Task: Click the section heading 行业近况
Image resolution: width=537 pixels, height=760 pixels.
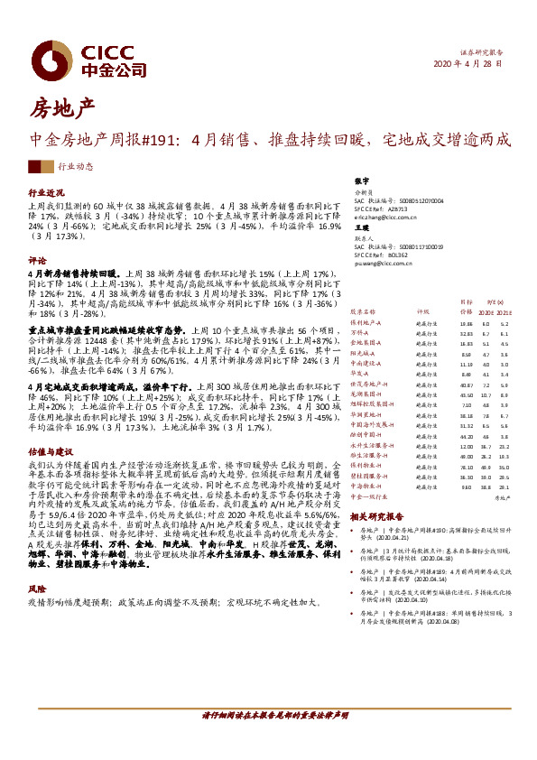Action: pos(48,193)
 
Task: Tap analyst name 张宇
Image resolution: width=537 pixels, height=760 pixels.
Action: pos(361,181)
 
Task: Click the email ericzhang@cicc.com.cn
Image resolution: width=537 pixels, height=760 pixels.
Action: pos(388,218)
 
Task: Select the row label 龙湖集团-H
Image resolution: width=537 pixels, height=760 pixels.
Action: pos(367,394)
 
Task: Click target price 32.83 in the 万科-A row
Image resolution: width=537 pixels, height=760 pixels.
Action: pos(466,333)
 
